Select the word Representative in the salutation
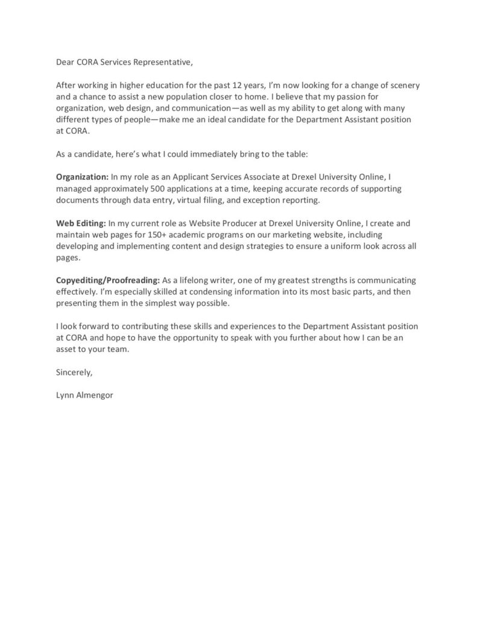pos(165,61)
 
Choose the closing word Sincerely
pos(74,372)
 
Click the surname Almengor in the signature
pos(94,396)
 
